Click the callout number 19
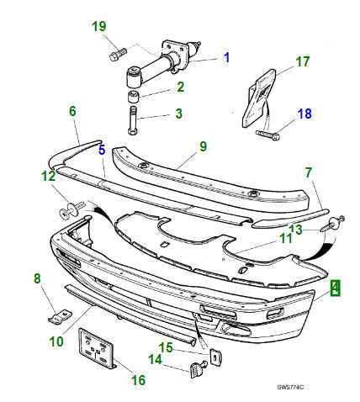pos(99,26)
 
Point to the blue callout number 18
pos(303,114)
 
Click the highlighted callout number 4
pos(336,288)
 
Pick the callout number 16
pos(137,378)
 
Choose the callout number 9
pos(203,146)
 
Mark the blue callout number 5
pos(101,151)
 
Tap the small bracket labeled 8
pos(56,316)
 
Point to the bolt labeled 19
pos(115,56)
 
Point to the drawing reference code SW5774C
pos(290,388)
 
